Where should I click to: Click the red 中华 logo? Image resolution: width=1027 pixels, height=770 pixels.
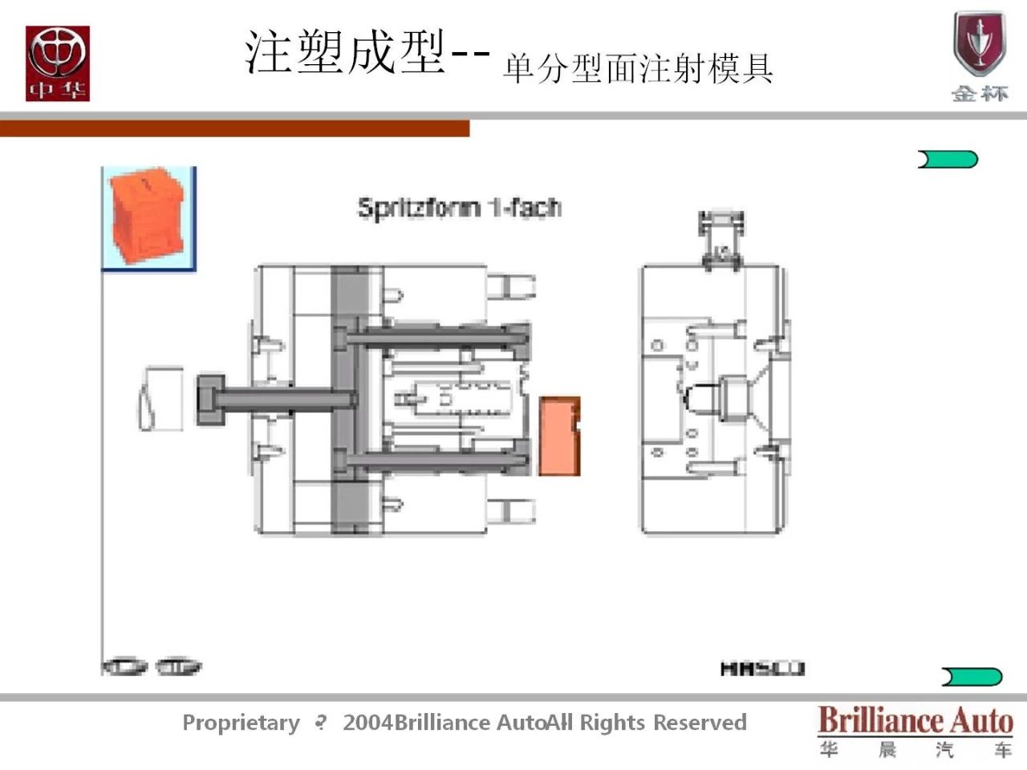[57, 63]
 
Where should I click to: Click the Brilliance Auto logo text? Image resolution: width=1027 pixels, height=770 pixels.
[915, 720]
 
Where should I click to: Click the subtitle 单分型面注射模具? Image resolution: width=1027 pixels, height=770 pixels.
[638, 68]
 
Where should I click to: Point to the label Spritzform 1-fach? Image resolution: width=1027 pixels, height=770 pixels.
[459, 208]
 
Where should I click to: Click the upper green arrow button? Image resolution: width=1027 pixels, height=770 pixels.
[948, 160]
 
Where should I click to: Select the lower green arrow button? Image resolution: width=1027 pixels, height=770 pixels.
[972, 677]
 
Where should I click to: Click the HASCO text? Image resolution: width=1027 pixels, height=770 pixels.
[761, 668]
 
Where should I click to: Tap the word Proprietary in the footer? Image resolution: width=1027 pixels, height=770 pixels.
[241, 723]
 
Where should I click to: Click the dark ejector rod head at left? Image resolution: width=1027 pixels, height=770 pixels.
[211, 399]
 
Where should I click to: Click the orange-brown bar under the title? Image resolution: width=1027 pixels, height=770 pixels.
[234, 128]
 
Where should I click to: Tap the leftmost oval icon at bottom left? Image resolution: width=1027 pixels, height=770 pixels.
[124, 667]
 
